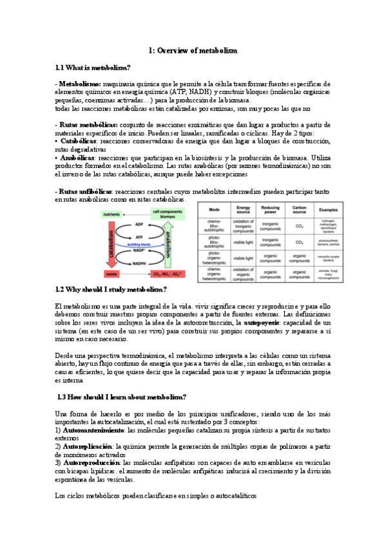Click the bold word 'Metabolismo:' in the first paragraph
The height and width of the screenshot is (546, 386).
[78, 84]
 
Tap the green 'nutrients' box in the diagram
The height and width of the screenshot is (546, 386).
[112, 214]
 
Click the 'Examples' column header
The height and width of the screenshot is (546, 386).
[329, 210]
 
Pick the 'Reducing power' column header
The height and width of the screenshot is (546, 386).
[271, 210]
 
